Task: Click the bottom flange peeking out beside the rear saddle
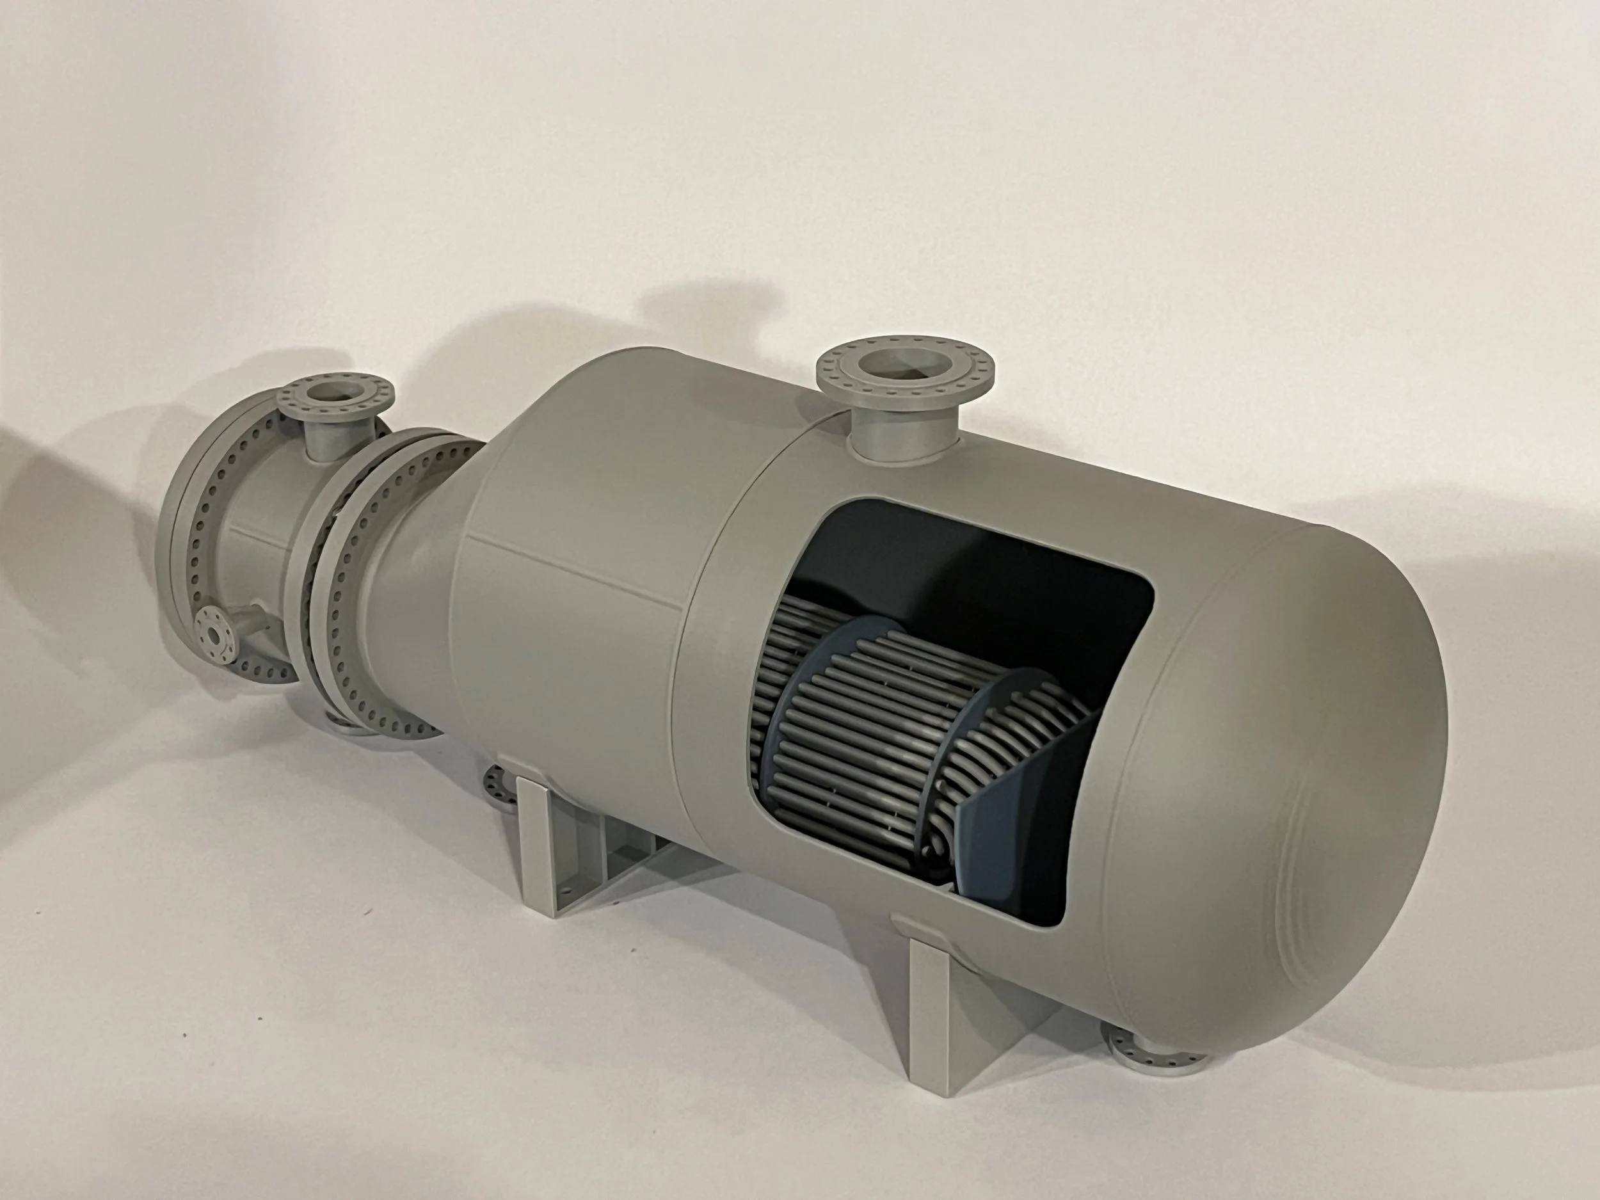coord(499,785)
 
